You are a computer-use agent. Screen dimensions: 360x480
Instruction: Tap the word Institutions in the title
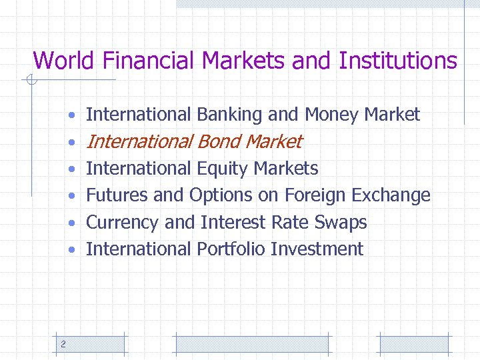(398, 61)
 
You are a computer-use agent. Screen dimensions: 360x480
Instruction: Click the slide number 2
(63, 344)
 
